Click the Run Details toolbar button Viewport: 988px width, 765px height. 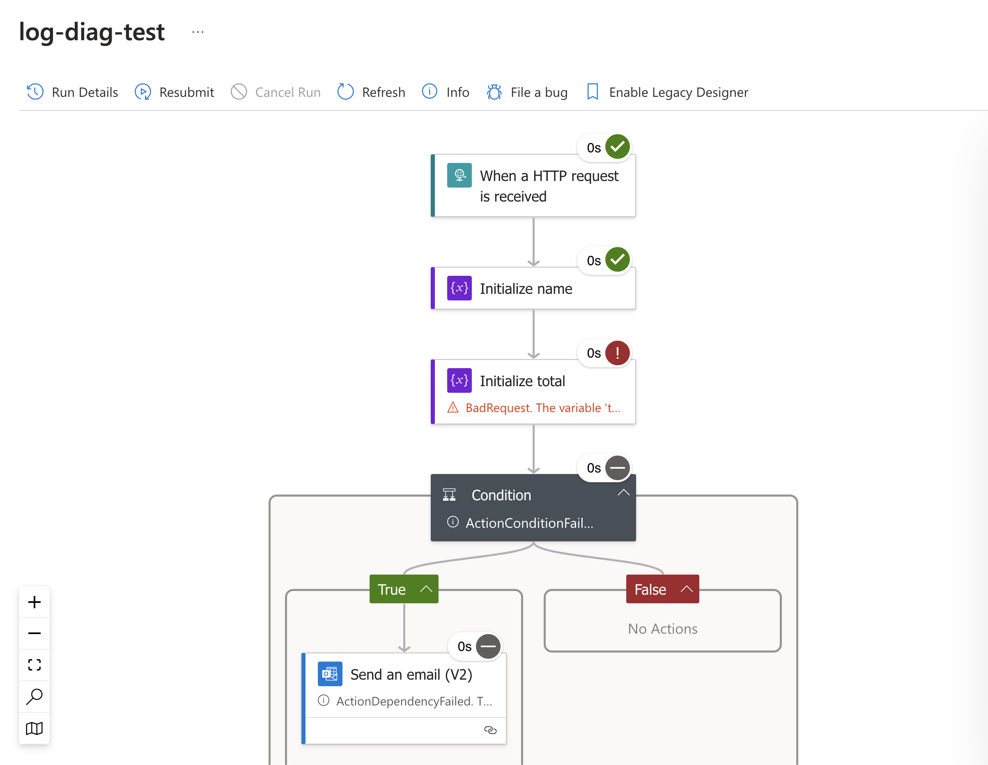pos(72,92)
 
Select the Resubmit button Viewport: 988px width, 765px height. pos(174,92)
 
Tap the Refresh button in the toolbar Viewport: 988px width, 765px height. pos(371,92)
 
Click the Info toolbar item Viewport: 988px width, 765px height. pos(446,92)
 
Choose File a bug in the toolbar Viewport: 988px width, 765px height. pos(527,92)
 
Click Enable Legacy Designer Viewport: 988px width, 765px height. pos(667,92)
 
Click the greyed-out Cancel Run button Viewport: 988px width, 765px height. pos(276,92)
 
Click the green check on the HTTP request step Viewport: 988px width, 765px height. pos(618,147)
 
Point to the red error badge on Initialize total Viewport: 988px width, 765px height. pos(618,353)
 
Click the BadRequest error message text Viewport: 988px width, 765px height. pos(543,408)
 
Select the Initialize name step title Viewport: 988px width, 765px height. pos(526,289)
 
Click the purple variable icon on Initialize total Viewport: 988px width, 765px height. pos(459,380)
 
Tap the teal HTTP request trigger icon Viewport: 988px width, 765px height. pos(459,175)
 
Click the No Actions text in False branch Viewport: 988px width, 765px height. pos(663,628)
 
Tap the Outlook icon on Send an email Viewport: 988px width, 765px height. pos(330,673)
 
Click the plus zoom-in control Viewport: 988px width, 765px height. pos(34,602)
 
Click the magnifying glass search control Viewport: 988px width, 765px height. pos(34,696)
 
